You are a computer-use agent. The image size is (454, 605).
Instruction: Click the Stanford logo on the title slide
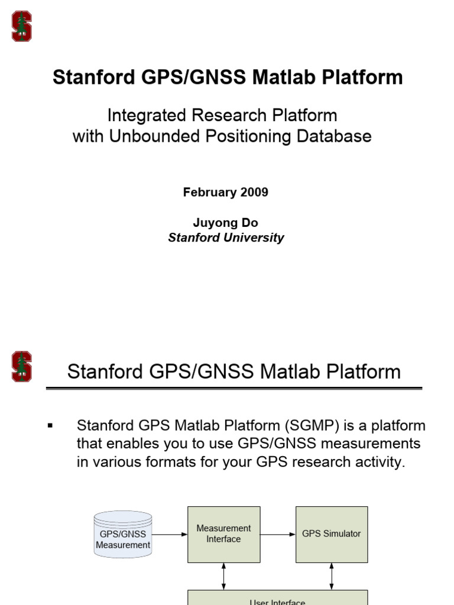[22, 27]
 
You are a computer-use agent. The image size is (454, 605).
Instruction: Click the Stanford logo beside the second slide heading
[22, 367]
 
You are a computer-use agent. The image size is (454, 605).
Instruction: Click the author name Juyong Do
[225, 223]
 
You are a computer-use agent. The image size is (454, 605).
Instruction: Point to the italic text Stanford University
[226, 238]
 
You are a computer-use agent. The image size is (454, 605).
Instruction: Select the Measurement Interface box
[223, 534]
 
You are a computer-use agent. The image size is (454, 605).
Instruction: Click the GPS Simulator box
[331, 534]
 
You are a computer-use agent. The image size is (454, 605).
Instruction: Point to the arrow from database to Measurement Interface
[170, 534]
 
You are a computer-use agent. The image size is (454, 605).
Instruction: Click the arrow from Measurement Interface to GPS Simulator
[278, 534]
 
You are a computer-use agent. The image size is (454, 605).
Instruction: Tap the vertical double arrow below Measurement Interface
[223, 576]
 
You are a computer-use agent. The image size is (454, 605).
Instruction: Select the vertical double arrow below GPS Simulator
[332, 576]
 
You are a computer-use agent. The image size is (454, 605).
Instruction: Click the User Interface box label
[277, 601]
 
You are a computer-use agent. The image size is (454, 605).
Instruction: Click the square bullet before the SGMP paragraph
[50, 425]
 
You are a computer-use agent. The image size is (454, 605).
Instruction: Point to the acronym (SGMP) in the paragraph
[313, 425]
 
